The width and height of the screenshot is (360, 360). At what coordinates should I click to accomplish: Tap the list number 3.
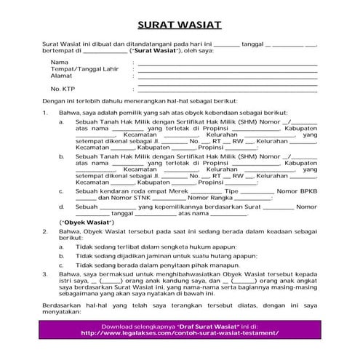(44, 275)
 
